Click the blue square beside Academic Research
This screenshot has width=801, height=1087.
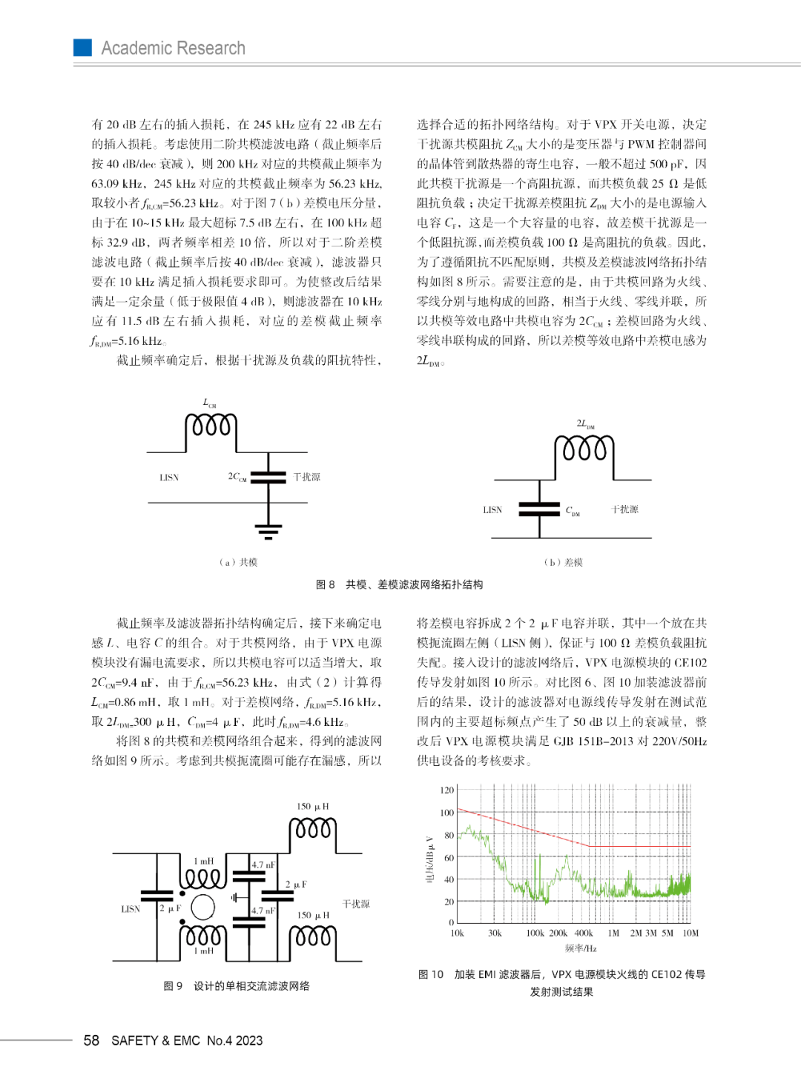coord(82,47)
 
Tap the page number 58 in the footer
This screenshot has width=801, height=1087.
coord(91,1040)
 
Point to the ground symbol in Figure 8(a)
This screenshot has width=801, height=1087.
coord(268,529)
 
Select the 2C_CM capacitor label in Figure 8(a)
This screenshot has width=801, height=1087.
coord(237,477)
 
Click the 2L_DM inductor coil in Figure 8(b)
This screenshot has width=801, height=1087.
coord(584,449)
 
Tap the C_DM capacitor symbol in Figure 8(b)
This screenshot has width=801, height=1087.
coord(539,509)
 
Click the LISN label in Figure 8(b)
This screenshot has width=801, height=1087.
coord(492,510)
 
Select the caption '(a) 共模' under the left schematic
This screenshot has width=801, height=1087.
coord(238,562)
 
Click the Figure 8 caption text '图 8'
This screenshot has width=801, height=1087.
coord(325,584)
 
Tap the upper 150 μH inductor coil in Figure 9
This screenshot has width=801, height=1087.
coord(312,827)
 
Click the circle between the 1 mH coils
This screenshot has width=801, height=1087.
coord(202,907)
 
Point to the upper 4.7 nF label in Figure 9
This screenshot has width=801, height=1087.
coord(263,865)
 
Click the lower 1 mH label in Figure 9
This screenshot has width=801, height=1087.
coord(203,951)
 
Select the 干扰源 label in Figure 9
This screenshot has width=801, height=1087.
coord(356,904)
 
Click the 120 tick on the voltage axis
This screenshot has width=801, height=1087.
coord(446,790)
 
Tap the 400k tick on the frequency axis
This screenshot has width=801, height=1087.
coord(584,934)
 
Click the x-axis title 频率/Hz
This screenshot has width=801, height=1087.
coord(581,948)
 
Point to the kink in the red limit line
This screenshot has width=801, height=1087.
coord(590,846)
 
